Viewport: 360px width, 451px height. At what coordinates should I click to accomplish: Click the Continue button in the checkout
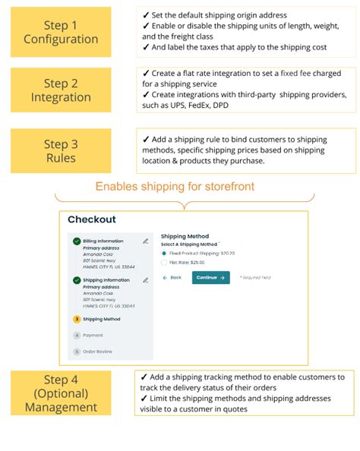pos(210,278)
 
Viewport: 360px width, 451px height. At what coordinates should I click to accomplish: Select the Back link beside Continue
pos(172,278)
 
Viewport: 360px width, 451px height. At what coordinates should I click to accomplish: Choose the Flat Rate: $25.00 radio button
pos(164,263)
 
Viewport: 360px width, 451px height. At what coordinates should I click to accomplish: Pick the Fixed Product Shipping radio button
pos(164,253)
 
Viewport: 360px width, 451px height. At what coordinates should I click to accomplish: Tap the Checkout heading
pos(92,219)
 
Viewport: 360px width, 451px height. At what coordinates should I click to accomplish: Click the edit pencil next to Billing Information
pos(145,241)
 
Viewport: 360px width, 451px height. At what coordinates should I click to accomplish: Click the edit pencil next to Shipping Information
pos(145,280)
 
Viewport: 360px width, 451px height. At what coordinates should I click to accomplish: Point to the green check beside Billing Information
pos(77,241)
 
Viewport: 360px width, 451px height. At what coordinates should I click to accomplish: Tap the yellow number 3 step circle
pos(77,319)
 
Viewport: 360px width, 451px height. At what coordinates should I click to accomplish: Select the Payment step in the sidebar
pos(93,335)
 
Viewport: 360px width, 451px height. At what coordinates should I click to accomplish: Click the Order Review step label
pos(96,351)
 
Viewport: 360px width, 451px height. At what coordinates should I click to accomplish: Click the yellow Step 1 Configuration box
pos(61,32)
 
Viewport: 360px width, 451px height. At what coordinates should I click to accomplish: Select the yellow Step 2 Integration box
pos(61,90)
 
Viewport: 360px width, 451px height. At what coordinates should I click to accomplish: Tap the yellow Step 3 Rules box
pos(61,150)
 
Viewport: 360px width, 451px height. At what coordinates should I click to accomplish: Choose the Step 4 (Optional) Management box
pos(61,393)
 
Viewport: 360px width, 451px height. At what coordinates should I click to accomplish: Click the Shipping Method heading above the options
pos(185,236)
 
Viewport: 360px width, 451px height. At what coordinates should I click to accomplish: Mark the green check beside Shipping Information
pos(77,280)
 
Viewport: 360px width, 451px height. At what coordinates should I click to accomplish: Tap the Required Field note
pos(256,279)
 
